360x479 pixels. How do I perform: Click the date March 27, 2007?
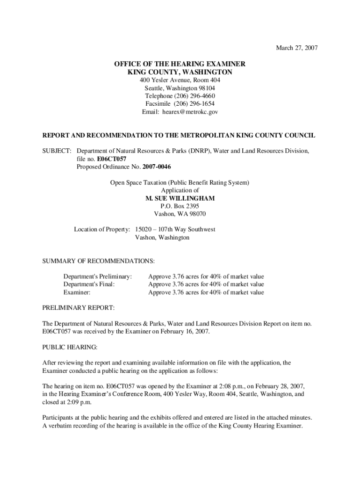pyautogui.click(x=297, y=48)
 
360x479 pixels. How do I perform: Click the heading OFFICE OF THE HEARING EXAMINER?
pyautogui.click(x=180, y=64)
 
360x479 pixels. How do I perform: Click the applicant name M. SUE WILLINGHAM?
pyautogui.click(x=180, y=198)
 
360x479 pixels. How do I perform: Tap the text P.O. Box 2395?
pyautogui.click(x=180, y=206)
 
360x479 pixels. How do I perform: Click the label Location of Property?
pyautogui.click(x=102, y=230)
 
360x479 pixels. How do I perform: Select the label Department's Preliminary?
pyautogui.click(x=98, y=276)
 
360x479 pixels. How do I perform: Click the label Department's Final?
pyautogui.click(x=89, y=284)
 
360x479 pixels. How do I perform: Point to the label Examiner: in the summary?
pyautogui.click(x=77, y=292)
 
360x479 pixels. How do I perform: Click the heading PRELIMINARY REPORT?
pyautogui.click(x=78, y=308)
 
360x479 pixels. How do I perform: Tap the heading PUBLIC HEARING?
pyautogui.click(x=70, y=347)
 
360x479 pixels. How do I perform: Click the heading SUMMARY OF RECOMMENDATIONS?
pyautogui.click(x=99, y=261)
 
